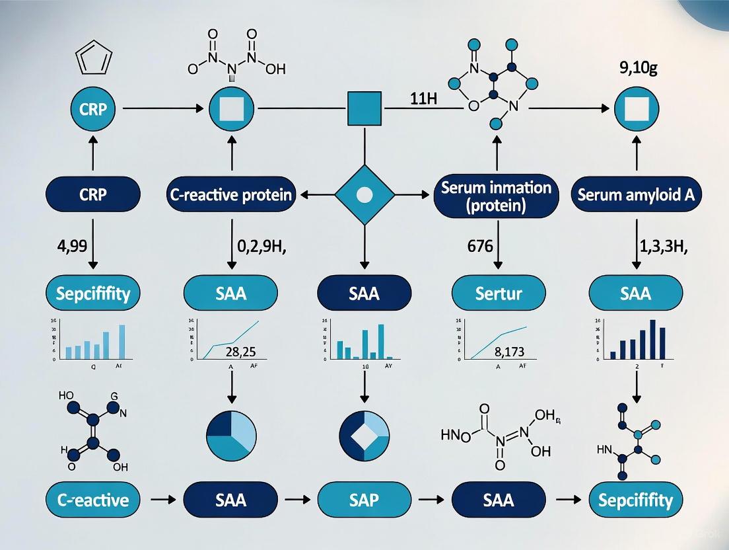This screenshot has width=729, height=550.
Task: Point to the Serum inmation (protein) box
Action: click(x=495, y=196)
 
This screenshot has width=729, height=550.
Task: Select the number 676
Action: click(x=480, y=248)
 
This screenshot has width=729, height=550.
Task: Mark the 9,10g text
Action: click(x=637, y=67)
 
